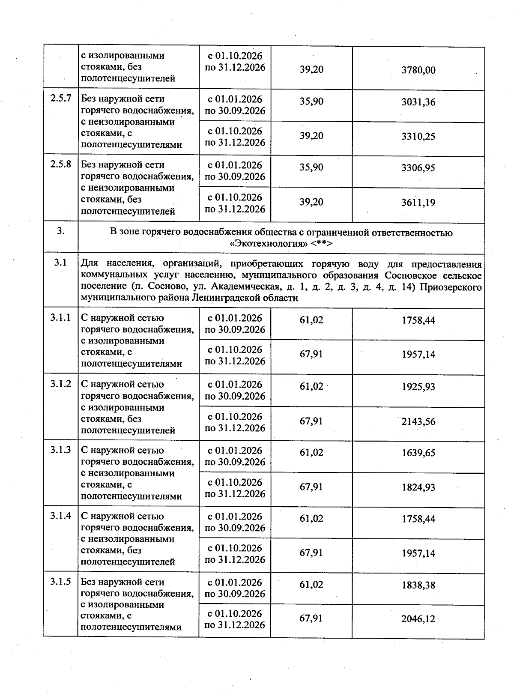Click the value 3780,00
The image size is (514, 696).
(418, 70)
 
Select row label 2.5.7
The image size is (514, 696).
(60, 99)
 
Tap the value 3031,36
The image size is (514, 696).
(418, 102)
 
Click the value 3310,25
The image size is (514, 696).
(418, 137)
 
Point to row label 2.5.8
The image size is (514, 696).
(60, 164)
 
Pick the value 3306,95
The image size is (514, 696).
(418, 168)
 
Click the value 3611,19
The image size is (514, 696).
(418, 203)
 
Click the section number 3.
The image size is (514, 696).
(60, 231)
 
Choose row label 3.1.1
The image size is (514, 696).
(60, 318)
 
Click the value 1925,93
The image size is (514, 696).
(418, 387)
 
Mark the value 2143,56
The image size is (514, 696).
(418, 422)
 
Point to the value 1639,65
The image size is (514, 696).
(418, 453)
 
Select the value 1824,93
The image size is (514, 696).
(418, 487)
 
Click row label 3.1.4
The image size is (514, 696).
(60, 516)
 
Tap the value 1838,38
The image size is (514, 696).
(418, 585)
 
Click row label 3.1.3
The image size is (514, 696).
(60, 450)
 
